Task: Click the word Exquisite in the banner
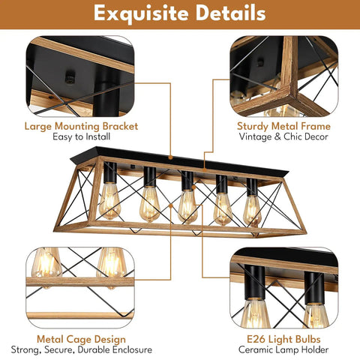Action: (x=141, y=13)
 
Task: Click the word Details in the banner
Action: (x=230, y=13)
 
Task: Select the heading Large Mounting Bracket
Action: (x=81, y=126)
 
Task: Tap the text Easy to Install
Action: (x=81, y=136)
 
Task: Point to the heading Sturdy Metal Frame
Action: (x=283, y=126)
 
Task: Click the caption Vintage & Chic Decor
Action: (x=283, y=136)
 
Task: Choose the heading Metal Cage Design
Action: (x=81, y=339)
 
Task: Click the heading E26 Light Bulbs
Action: (x=283, y=339)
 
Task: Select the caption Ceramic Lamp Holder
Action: (x=283, y=349)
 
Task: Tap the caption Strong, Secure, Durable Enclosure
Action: (x=82, y=349)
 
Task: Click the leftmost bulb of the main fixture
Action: (x=109, y=201)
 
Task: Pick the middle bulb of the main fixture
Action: (x=187, y=206)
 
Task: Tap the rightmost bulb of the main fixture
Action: (x=252, y=211)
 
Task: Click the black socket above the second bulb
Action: (x=150, y=176)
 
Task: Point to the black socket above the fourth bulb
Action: (x=221, y=184)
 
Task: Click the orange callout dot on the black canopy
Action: (x=170, y=157)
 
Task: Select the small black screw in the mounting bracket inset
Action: (x=70, y=77)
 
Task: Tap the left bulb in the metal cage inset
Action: (x=46, y=262)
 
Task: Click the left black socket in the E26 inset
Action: (x=254, y=283)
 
